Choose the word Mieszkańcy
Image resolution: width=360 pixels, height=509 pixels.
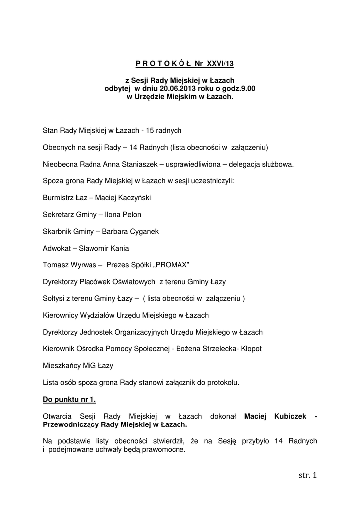[x=61, y=366]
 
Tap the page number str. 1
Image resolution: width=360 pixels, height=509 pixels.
[x=307, y=476]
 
